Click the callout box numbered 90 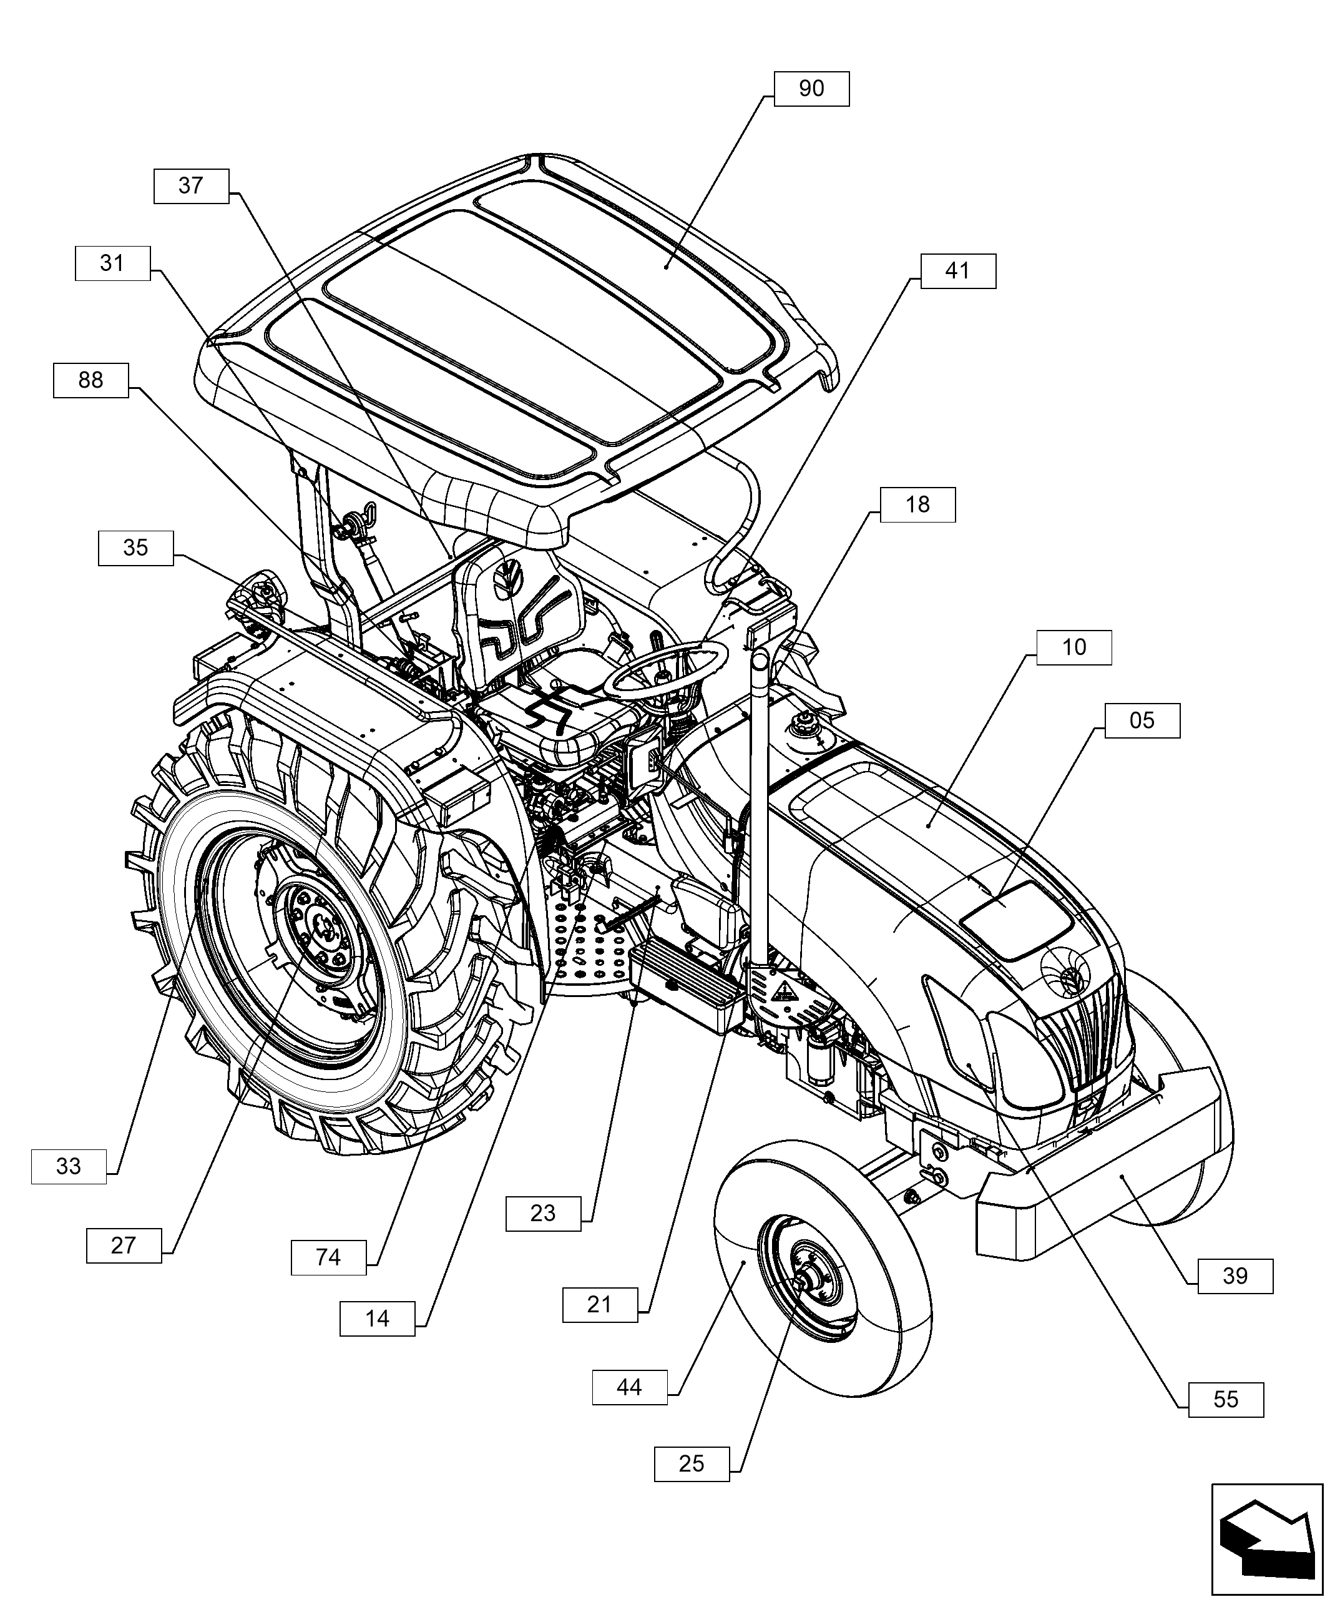tap(811, 89)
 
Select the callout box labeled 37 tap(190, 186)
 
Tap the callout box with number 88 tap(90, 380)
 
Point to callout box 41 tap(958, 271)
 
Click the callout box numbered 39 tap(1235, 1276)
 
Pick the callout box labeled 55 tap(1226, 1400)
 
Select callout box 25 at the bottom tap(692, 1464)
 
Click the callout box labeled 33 tap(69, 1166)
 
